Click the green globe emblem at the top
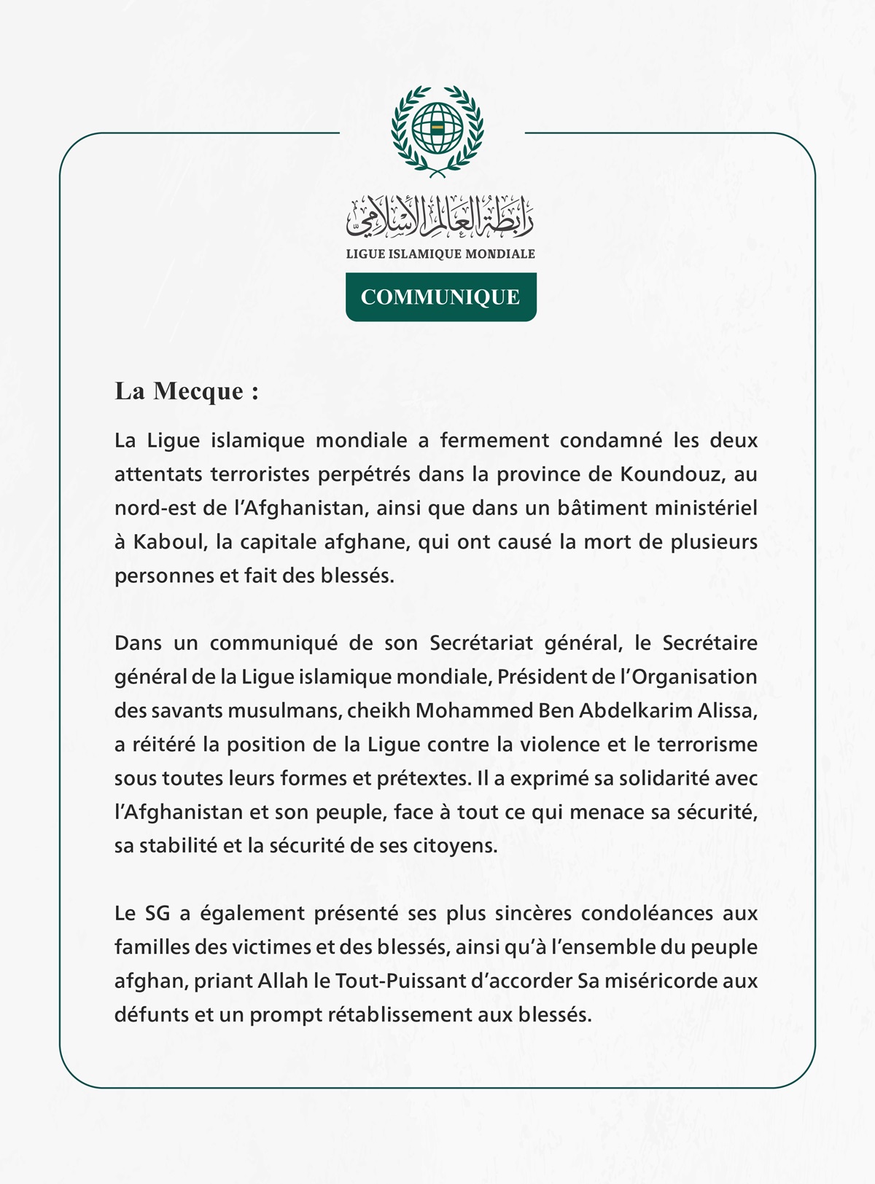click(x=437, y=129)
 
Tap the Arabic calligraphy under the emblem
click(x=440, y=217)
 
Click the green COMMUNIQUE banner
click(x=440, y=297)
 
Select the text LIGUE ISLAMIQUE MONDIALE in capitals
click(x=440, y=254)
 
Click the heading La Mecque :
click(x=187, y=391)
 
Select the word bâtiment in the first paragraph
click(x=601, y=508)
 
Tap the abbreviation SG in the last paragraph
click(x=157, y=914)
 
